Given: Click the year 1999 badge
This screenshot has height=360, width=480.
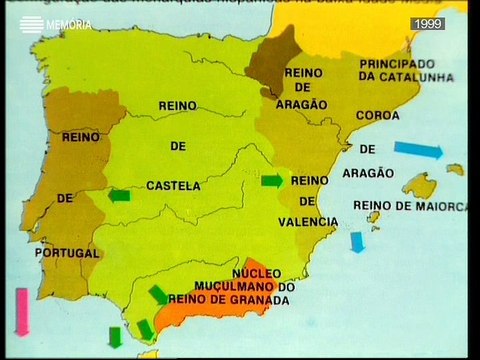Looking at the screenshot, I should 427,23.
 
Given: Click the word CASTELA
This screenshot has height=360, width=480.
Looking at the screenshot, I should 172,185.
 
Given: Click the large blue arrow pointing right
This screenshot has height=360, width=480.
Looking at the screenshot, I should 417,150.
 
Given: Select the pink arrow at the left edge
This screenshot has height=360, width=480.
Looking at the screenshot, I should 20,310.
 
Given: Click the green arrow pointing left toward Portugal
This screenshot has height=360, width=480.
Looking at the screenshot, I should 119,196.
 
